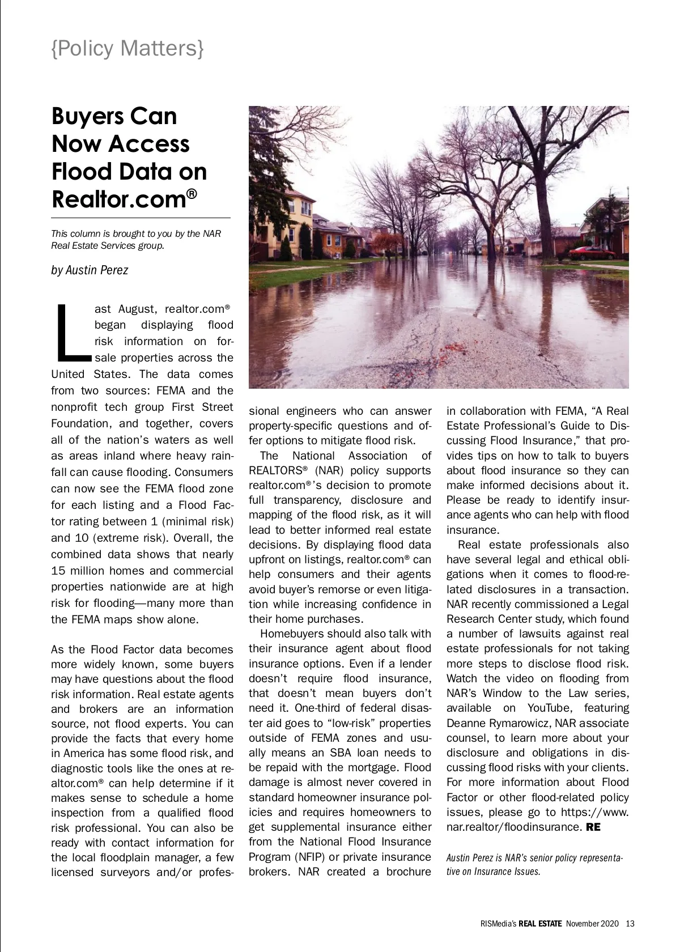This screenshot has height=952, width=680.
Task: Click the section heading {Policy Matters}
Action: tap(127, 48)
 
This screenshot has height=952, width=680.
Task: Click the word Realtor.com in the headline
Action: tap(120, 199)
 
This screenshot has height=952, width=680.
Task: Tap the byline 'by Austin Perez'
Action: tap(90, 270)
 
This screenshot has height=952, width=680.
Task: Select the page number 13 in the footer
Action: tap(630, 924)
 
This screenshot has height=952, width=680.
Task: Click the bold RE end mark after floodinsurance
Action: tap(593, 827)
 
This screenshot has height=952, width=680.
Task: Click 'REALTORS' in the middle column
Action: tap(276, 470)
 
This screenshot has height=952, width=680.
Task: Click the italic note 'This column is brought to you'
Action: tap(136, 239)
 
